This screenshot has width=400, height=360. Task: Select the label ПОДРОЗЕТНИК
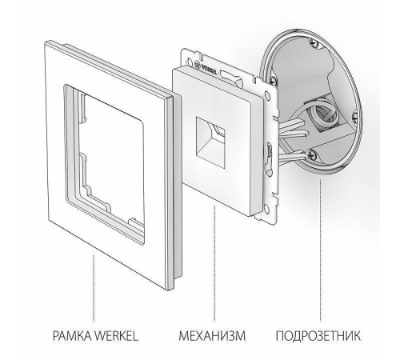(x=329, y=331)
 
